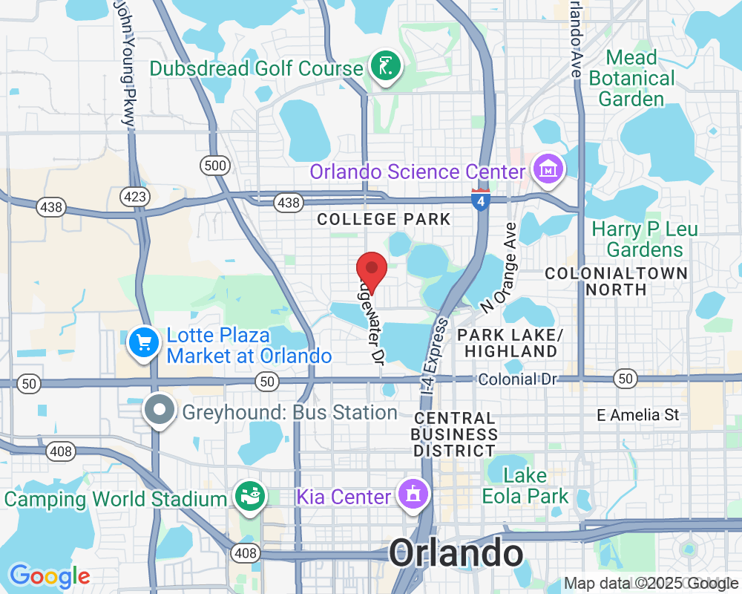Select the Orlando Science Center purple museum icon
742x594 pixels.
click(548, 169)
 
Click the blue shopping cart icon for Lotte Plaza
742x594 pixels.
click(143, 343)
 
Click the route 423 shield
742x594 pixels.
click(136, 196)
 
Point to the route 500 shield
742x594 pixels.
click(215, 165)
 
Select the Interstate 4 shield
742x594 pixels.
click(480, 199)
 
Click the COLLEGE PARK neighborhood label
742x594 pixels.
click(384, 219)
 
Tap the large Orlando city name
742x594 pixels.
click(456, 553)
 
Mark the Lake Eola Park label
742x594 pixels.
click(525, 486)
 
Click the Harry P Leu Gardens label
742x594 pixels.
click(644, 239)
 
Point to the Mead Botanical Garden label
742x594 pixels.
click(631, 78)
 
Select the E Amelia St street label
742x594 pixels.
click(638, 415)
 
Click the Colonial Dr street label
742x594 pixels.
click(517, 379)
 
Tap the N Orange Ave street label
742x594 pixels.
click(498, 267)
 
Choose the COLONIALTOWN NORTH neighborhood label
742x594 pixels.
click(616, 281)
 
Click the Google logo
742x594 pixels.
click(50, 575)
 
